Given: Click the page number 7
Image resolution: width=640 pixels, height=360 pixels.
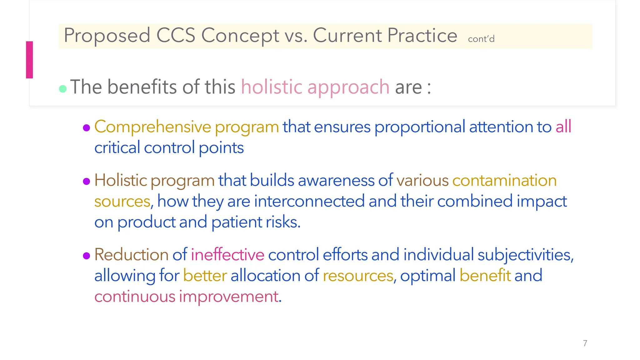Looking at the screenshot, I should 585,343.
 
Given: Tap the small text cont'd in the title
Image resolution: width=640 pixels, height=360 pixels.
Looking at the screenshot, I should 481,39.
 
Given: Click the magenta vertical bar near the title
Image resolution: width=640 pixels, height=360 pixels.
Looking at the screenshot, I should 29,60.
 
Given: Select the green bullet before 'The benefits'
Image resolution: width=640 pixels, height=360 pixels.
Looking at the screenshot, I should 63,89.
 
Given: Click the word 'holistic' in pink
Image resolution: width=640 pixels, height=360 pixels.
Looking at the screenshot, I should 271,87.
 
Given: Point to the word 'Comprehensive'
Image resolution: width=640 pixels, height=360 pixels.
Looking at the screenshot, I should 152,127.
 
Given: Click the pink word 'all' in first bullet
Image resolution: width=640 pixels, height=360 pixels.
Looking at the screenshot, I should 563,127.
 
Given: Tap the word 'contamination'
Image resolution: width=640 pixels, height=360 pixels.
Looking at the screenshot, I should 504,180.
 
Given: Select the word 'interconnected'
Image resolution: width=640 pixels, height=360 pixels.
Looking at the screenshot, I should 309,201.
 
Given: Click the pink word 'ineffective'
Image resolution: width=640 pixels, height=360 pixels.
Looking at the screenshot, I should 227,254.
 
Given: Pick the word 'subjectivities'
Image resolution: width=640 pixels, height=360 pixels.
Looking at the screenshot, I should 525,254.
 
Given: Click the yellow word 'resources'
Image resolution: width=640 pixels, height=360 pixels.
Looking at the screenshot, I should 358,276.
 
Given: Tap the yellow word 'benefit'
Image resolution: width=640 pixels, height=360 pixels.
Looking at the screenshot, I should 485,275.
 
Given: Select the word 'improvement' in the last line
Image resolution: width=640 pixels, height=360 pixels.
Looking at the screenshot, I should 229,296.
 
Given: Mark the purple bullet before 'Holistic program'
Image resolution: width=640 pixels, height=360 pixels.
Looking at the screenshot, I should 87,181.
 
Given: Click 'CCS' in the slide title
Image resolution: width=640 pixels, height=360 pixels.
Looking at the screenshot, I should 176,35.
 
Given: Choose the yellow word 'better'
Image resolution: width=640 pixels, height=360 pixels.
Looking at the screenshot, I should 205,276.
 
